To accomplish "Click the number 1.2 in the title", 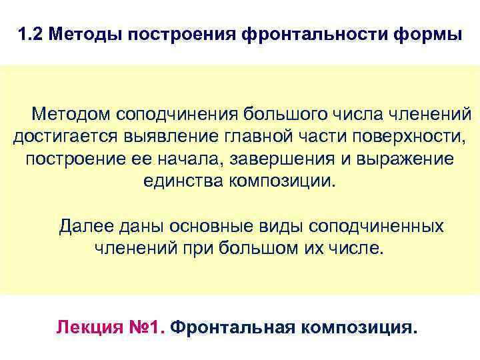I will tap(29, 34).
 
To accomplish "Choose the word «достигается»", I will tap(63, 137).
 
